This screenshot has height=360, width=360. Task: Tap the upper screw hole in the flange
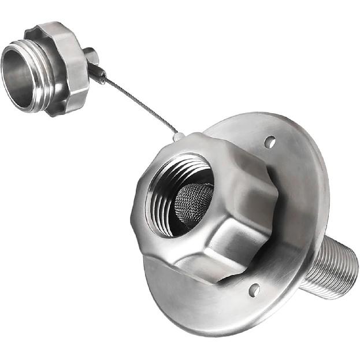click(x=269, y=142)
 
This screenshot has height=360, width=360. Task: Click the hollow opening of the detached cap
click(x=17, y=75)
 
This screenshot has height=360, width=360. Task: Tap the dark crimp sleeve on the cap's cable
click(x=97, y=73)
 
